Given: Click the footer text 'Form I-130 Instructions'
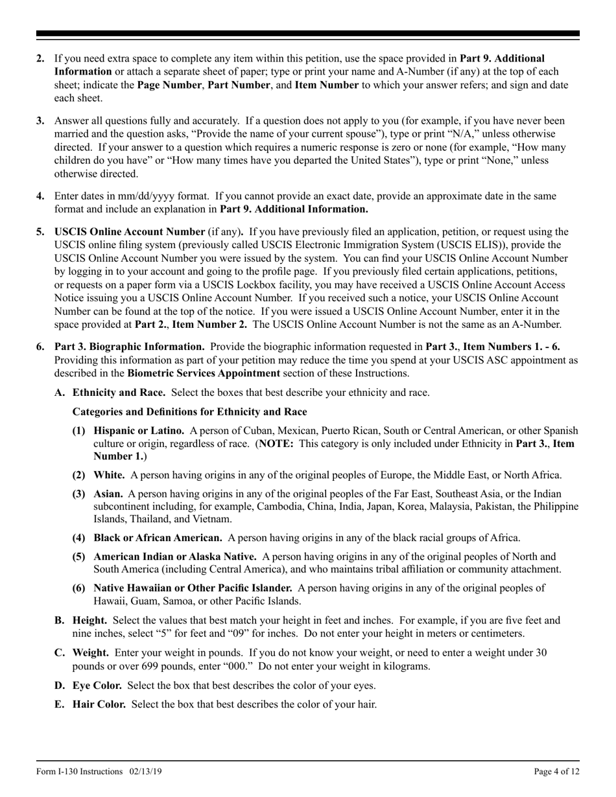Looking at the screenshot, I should (79, 771).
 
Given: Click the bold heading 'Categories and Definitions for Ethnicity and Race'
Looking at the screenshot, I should (190, 411).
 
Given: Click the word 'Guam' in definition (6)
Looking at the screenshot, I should (145, 601).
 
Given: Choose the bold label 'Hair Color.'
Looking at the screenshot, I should (99, 704).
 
